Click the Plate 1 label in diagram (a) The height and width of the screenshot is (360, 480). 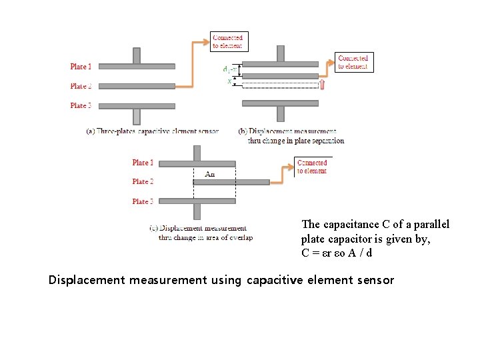click(x=81, y=67)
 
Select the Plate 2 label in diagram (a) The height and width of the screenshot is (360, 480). click(x=81, y=86)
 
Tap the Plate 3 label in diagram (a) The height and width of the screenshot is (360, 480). click(x=81, y=105)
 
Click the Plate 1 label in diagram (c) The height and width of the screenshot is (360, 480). click(x=143, y=163)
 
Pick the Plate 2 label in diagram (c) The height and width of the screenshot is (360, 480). click(x=143, y=181)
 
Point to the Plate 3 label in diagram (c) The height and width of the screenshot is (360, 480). click(x=143, y=201)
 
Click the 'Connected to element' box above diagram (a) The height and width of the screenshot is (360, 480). click(x=227, y=42)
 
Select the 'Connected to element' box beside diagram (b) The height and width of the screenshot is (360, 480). click(x=353, y=62)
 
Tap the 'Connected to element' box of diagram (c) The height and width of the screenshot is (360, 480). click(x=312, y=167)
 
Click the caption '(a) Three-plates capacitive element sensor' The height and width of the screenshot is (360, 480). click(x=152, y=131)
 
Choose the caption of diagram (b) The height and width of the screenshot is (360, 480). click(x=291, y=136)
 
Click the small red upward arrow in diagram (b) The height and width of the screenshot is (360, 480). click(x=323, y=84)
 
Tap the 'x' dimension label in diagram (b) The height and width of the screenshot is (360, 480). click(x=230, y=81)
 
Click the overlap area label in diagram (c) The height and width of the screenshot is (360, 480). click(x=209, y=175)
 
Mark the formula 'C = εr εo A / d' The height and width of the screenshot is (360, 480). click(x=337, y=253)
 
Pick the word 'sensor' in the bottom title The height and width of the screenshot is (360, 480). click(x=375, y=280)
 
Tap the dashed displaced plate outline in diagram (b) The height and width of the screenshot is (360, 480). click(x=280, y=85)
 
